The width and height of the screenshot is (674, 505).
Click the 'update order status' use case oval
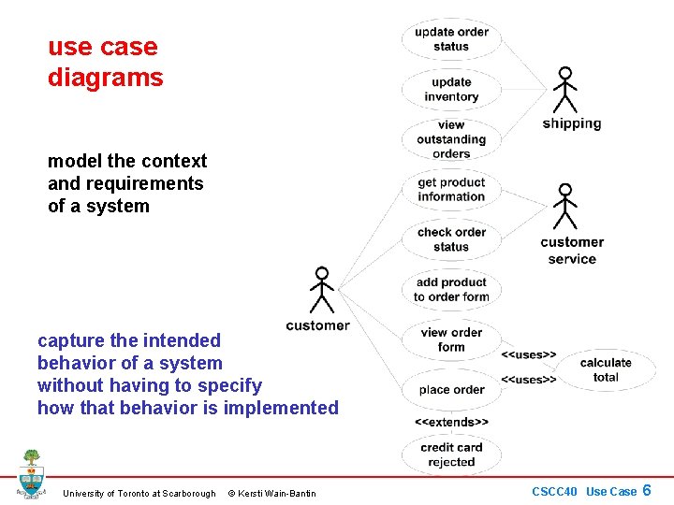click(x=451, y=39)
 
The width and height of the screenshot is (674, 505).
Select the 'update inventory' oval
click(x=451, y=90)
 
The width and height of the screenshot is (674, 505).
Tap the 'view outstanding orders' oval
click(x=451, y=139)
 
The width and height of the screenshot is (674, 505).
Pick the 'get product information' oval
click(x=451, y=190)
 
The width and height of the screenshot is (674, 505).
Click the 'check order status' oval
click(x=451, y=239)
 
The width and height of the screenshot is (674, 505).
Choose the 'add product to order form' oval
click(x=451, y=290)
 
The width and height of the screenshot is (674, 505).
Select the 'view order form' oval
click(x=451, y=339)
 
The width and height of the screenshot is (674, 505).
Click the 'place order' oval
click(x=451, y=390)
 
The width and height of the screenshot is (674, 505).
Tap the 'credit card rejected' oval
click(x=451, y=454)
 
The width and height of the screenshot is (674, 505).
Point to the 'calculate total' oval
click(x=606, y=369)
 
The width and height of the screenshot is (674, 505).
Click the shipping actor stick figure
click(x=564, y=90)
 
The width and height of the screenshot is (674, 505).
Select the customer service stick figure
click(x=564, y=207)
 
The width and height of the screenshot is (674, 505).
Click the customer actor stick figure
click(x=322, y=291)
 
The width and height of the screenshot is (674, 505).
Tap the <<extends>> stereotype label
click(x=451, y=422)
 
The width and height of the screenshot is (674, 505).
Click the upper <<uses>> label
click(x=529, y=354)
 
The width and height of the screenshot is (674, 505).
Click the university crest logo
click(x=32, y=474)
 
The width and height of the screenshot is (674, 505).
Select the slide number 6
click(x=646, y=490)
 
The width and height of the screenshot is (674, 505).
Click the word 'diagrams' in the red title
click(x=105, y=78)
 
